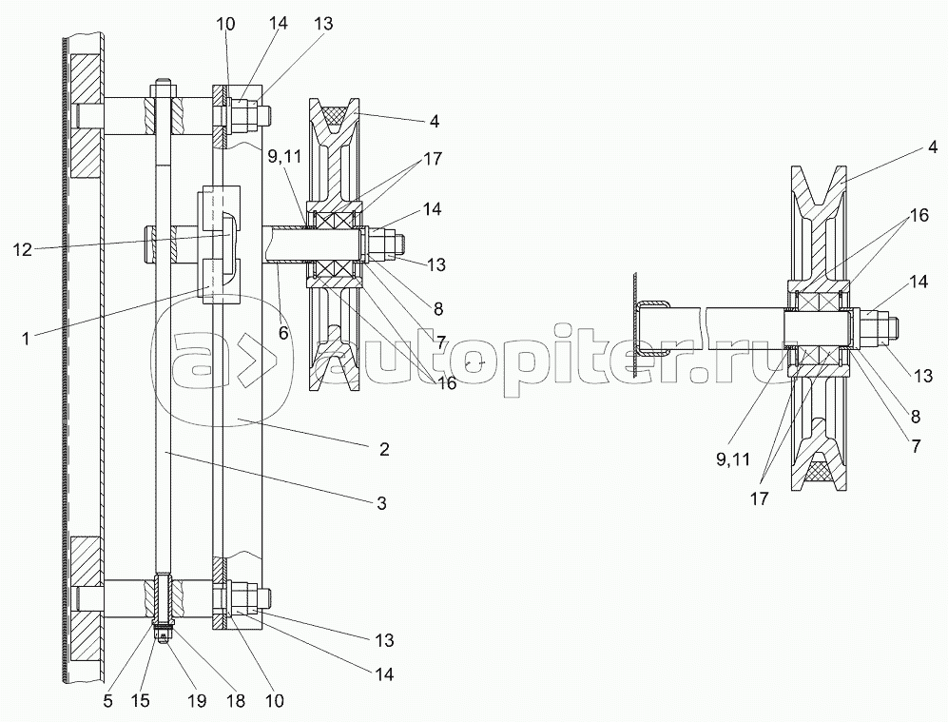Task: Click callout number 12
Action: click(23, 249)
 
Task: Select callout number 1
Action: click(26, 340)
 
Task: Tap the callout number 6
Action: click(283, 333)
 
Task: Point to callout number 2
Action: click(384, 449)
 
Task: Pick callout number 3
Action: click(381, 502)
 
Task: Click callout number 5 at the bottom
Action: click(108, 701)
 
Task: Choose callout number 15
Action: click(142, 701)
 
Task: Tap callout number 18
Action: click(236, 701)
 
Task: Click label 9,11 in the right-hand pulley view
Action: click(733, 459)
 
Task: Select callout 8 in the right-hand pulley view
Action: click(915, 417)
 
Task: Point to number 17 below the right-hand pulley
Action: click(760, 498)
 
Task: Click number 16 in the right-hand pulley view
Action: click(919, 215)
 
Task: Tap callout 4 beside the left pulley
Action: click(434, 121)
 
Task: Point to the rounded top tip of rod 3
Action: click(164, 81)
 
